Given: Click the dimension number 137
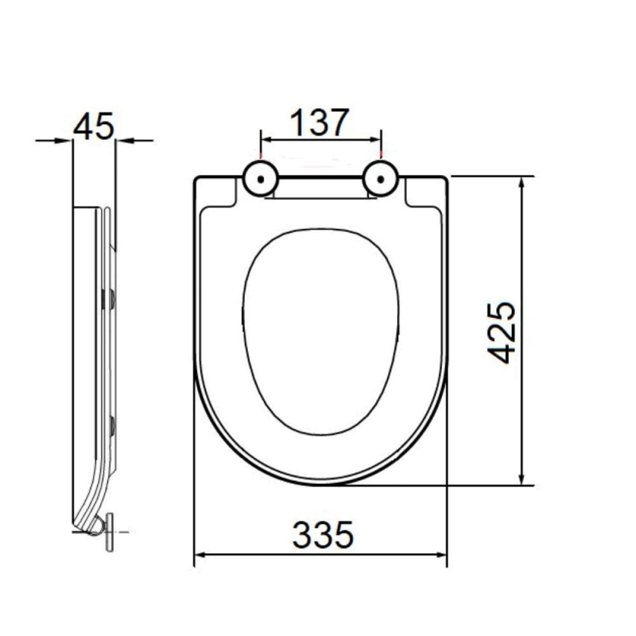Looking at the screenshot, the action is pos(320,122).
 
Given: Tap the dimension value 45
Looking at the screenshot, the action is pos(94,126).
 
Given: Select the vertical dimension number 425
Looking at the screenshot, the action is pos(502,332).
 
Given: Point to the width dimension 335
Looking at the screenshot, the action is pos(323,534).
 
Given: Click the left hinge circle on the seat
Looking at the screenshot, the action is pos(261,179).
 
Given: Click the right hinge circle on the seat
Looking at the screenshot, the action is pos(381,179).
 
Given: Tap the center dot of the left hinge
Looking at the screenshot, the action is pos(261,179).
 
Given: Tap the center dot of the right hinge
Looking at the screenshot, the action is pos(381,179).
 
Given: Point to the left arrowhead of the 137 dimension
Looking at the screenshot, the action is pos(266,140).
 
